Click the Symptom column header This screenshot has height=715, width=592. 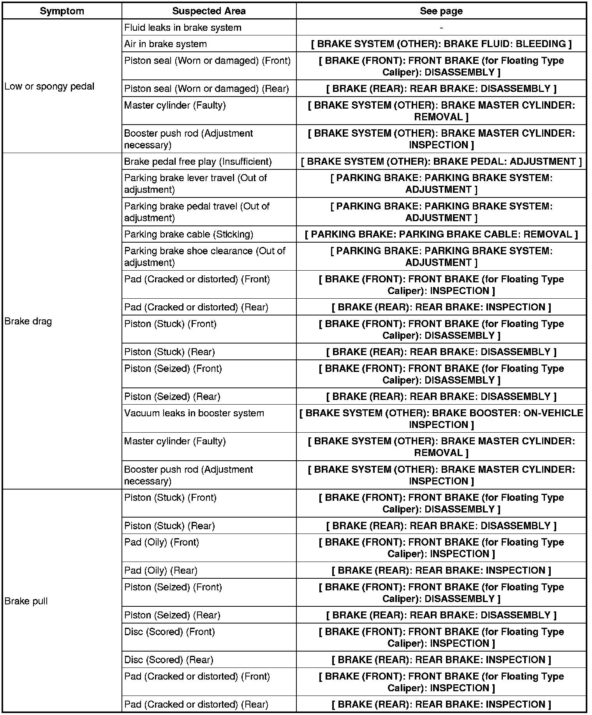pos(62,11)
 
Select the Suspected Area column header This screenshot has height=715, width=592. pos(209,11)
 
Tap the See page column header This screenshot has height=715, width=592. pos(441,11)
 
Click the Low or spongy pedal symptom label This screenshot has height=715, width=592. pos(49,86)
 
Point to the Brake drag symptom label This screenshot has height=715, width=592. pos(28,321)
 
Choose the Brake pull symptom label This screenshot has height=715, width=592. pos(26,601)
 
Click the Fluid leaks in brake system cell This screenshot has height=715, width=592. pos(183,28)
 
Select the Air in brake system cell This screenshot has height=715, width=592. pos(166,44)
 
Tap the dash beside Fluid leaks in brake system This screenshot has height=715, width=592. pos(441,28)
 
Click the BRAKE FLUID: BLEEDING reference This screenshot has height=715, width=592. pos(441,44)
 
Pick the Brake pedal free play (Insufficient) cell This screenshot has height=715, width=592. pos(198,162)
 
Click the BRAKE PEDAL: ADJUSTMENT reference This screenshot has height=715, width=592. pos(441,162)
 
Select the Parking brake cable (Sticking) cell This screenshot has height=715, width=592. pos(189,234)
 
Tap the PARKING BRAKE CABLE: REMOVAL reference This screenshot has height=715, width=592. pos(441,234)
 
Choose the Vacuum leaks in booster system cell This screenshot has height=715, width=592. pos(194,413)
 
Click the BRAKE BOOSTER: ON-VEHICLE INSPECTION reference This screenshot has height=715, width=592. pos(441,419)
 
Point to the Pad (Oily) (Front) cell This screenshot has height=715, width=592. pos(162,542)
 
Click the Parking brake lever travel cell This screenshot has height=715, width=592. pos(195,184)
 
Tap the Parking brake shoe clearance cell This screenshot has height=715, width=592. pos(204,257)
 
